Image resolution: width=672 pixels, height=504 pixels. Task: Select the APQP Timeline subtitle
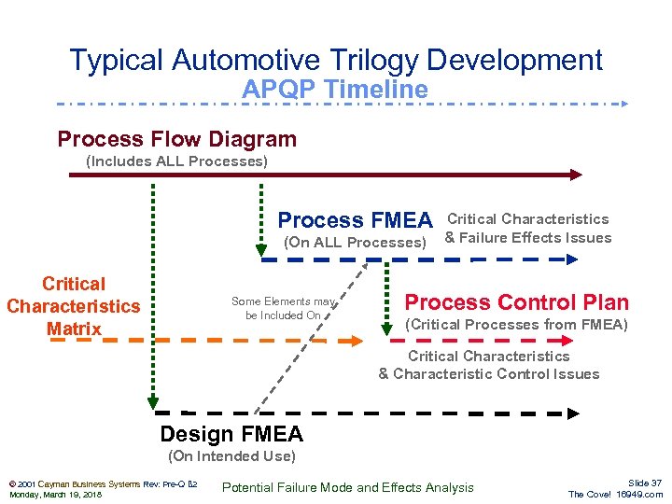pyautogui.click(x=335, y=90)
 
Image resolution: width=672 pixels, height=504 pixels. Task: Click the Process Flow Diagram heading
pyautogui.click(x=177, y=140)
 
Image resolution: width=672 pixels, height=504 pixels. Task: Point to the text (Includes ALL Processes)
pyautogui.click(x=176, y=161)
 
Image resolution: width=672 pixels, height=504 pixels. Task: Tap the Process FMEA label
pyautogui.click(x=355, y=220)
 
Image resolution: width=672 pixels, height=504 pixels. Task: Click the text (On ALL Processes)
pyautogui.click(x=354, y=243)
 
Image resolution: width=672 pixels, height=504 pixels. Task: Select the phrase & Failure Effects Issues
pyautogui.click(x=527, y=237)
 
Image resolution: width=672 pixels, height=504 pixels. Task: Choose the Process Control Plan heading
pyautogui.click(x=516, y=302)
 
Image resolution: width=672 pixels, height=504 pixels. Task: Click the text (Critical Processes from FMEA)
pyautogui.click(x=516, y=325)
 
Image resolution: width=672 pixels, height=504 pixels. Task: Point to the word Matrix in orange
pyautogui.click(x=74, y=329)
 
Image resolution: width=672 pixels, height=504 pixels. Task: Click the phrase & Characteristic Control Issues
pyautogui.click(x=488, y=374)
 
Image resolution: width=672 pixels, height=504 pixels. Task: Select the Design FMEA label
pyautogui.click(x=231, y=434)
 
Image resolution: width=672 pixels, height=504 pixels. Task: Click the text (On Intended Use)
pyautogui.click(x=231, y=456)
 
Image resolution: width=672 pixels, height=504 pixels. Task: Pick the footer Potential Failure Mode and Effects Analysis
pyautogui.click(x=348, y=487)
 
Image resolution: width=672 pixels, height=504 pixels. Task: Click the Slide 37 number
pyautogui.click(x=645, y=482)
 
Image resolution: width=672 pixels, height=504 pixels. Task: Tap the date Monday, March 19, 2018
pyautogui.click(x=55, y=495)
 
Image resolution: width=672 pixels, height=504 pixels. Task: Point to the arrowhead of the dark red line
pyautogui.click(x=576, y=174)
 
